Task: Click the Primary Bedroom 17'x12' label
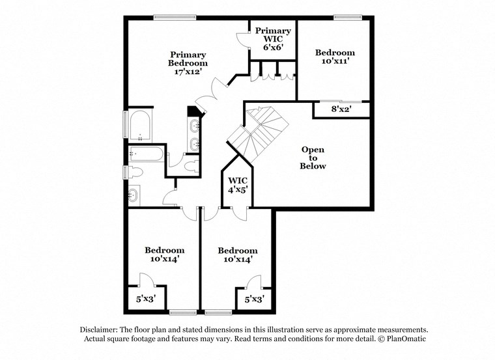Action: pyautogui.click(x=189, y=63)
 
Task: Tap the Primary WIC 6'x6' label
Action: pyautogui.click(x=273, y=39)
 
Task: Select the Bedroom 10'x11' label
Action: pyautogui.click(x=335, y=57)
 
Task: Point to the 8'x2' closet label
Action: pyautogui.click(x=342, y=110)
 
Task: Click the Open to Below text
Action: pyautogui.click(x=313, y=158)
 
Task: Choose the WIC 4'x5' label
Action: pyautogui.click(x=237, y=185)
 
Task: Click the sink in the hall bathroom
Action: pyautogui.click(x=134, y=194)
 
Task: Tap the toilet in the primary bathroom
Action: pyautogui.click(x=193, y=167)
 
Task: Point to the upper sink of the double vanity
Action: pyautogui.click(x=195, y=126)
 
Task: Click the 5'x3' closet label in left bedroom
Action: pyautogui.click(x=145, y=299)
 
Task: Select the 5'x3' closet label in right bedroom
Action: pyautogui.click(x=254, y=299)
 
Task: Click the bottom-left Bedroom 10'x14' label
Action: pyautogui.click(x=164, y=255)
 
